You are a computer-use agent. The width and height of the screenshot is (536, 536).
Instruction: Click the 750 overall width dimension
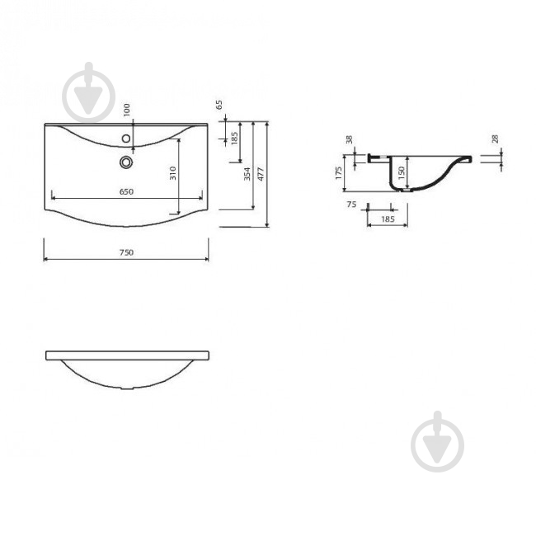pos(126,252)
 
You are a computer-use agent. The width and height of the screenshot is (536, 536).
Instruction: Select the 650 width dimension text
pos(126,192)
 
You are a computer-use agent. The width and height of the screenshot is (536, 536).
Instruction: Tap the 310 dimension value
pos(173,173)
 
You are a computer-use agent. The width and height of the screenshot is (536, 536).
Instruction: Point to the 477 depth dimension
pos(260,174)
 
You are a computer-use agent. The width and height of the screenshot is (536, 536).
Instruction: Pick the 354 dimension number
pos(247,174)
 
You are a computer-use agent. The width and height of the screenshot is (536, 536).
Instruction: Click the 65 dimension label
pos(219,105)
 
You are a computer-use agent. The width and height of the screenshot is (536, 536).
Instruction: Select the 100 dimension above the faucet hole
pos(126,110)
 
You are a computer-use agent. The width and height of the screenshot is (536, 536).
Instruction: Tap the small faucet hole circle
pos(126,139)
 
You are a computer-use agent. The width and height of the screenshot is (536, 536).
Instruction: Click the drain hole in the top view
pos(126,162)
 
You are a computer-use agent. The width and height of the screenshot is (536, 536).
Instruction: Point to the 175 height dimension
pos(338,173)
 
